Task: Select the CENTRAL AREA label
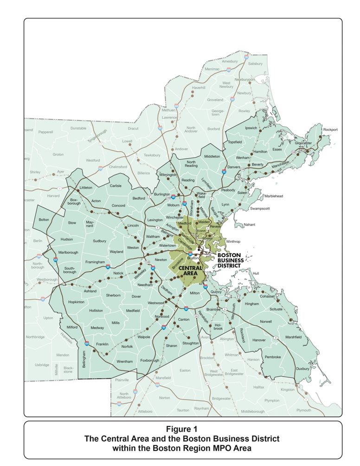tap(190, 271)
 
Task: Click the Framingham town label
tap(95, 262)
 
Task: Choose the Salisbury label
tap(255, 64)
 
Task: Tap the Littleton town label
tap(86, 188)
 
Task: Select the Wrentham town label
tap(124, 361)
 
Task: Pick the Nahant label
tap(249, 225)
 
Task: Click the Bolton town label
tap(44, 220)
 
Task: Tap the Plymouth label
tap(304, 410)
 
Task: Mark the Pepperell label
tap(45, 132)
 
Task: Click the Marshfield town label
tap(293, 337)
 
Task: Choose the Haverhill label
tap(199, 87)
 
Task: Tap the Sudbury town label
tap(99, 241)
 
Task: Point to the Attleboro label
tap(145, 411)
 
